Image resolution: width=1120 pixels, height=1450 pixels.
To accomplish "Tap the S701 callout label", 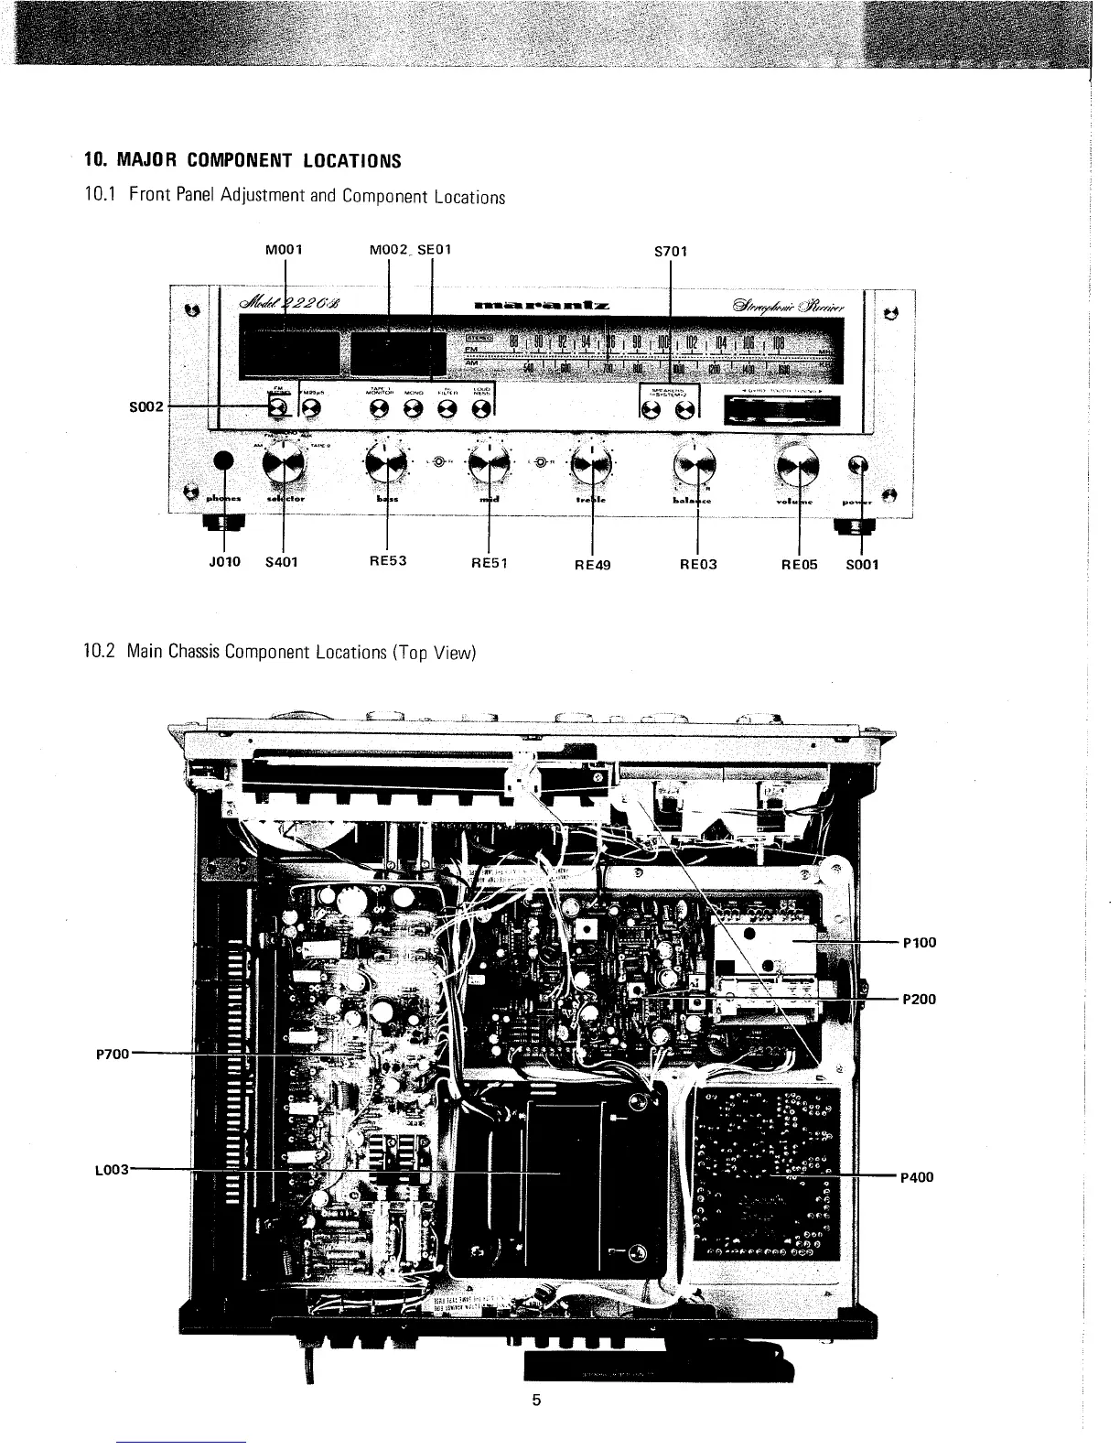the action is coord(672,250).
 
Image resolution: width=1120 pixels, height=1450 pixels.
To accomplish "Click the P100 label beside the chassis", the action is coord(919,943).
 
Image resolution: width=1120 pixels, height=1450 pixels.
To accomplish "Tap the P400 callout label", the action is coord(917,1177).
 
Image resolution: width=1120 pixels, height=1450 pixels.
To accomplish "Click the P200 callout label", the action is coord(919,999).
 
